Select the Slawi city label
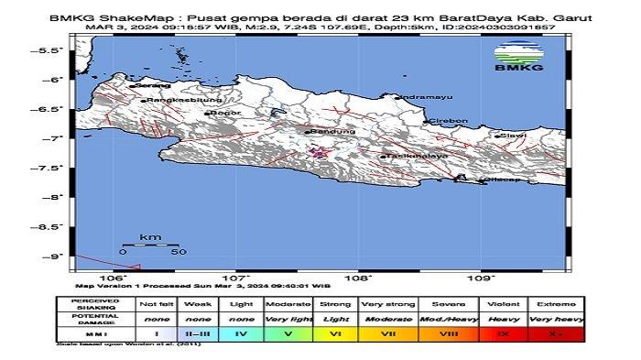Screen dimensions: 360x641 coord(511,135)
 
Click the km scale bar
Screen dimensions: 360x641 coord(150,244)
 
